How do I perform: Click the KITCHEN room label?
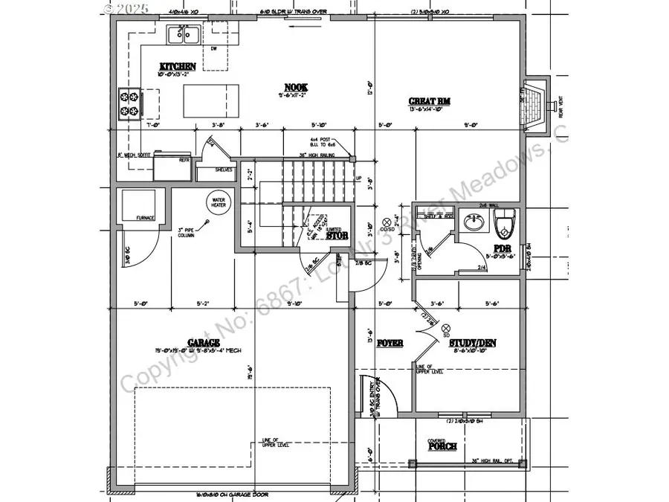point(176,66)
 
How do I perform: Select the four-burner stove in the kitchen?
point(129,103)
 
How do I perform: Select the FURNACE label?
point(145,218)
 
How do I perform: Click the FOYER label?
point(390,344)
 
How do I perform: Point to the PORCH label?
point(442,446)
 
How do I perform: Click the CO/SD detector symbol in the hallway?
point(387,222)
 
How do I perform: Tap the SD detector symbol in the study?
point(446,328)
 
